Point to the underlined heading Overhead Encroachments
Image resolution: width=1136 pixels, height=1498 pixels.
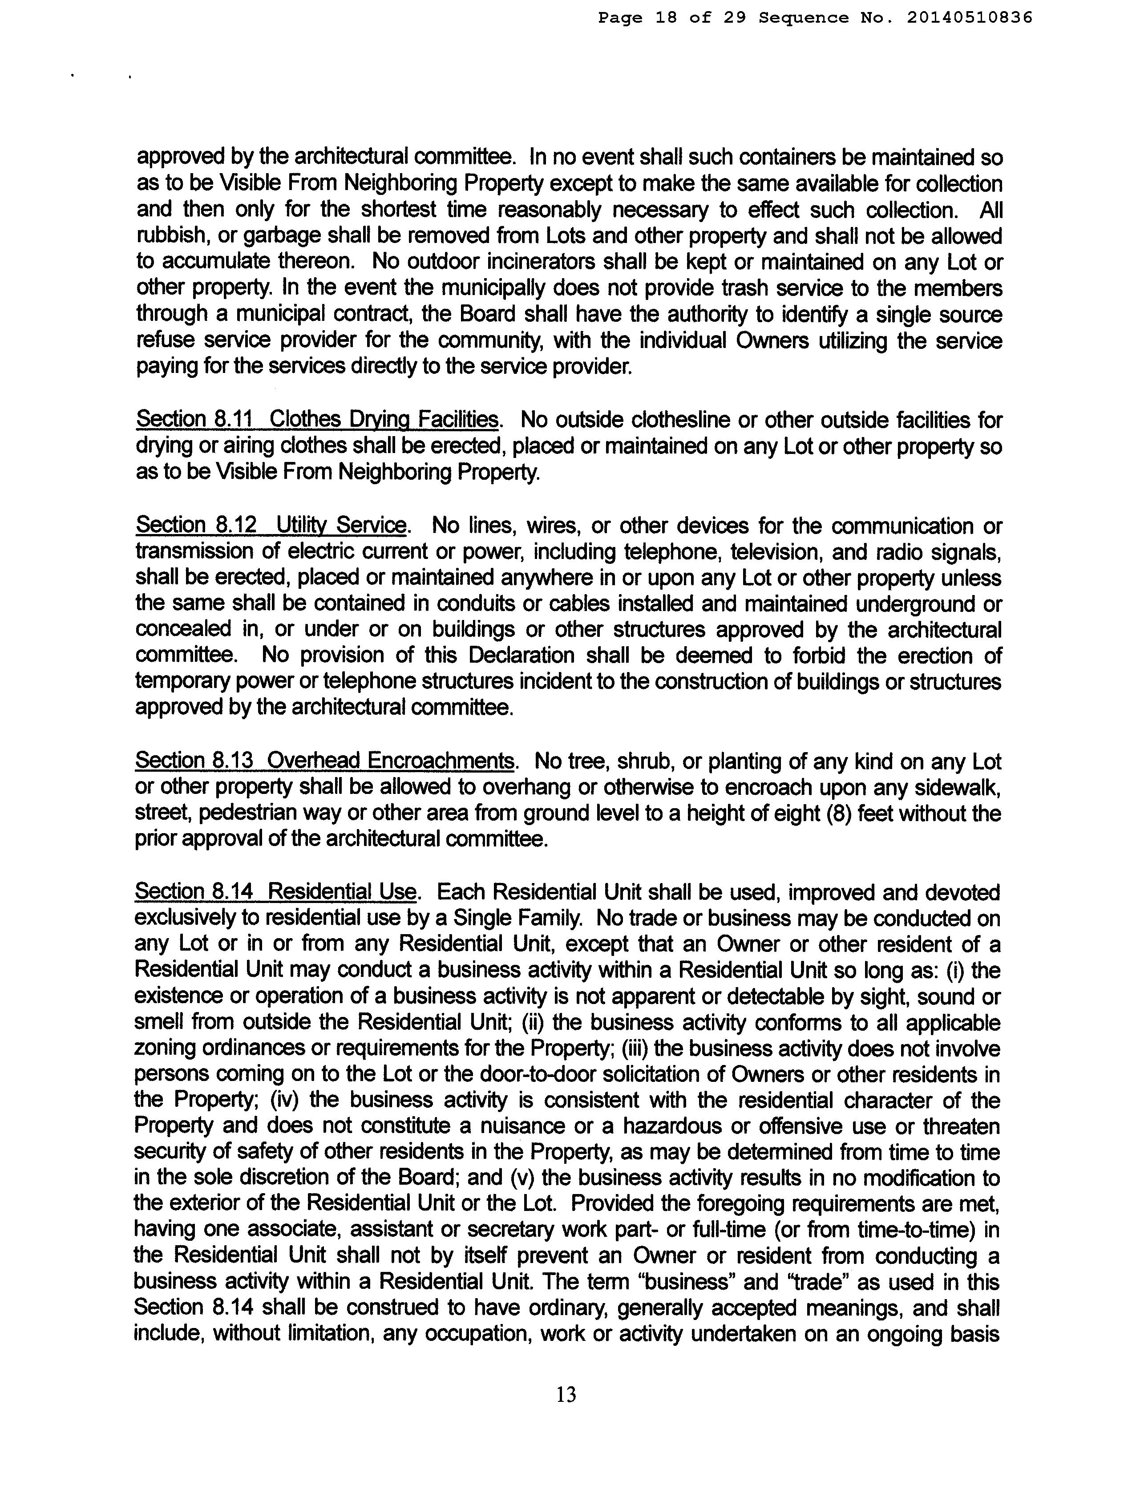[x=391, y=761]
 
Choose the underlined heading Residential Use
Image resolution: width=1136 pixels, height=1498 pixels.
[x=341, y=892]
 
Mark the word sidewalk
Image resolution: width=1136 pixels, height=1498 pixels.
[x=952, y=787]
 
